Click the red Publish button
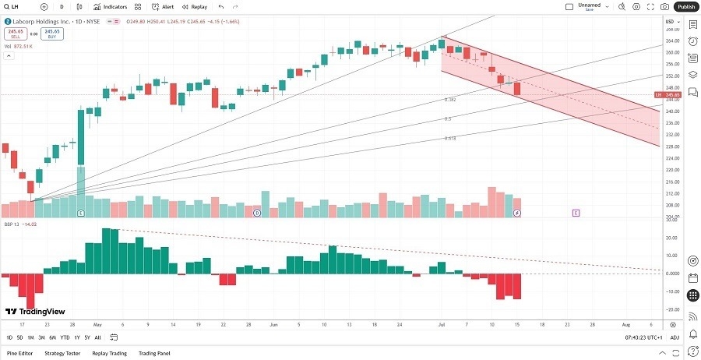pos(685,6)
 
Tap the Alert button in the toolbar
pos(163,6)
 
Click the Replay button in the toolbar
pos(196,6)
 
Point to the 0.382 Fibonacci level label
pos(449,100)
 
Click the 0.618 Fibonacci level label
pos(449,138)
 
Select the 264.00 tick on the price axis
pos(672,41)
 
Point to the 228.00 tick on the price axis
pos(672,146)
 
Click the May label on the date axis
pos(97,323)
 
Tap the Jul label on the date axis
pos(441,323)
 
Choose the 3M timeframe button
pos(41,337)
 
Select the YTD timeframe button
pos(65,337)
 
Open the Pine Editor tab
pos(19,353)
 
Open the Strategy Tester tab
pos(62,353)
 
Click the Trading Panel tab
pos(153,353)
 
